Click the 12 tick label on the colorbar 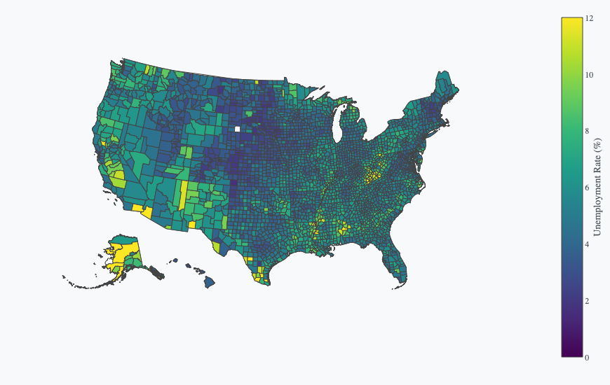point(590,18)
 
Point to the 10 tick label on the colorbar point(590,75)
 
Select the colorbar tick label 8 point(588,131)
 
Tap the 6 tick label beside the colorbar point(588,188)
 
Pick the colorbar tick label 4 point(588,244)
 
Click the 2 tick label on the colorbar point(588,301)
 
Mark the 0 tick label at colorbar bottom point(588,358)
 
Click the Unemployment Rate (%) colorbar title point(597,188)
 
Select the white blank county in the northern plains point(238,129)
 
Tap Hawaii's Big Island point(210,281)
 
